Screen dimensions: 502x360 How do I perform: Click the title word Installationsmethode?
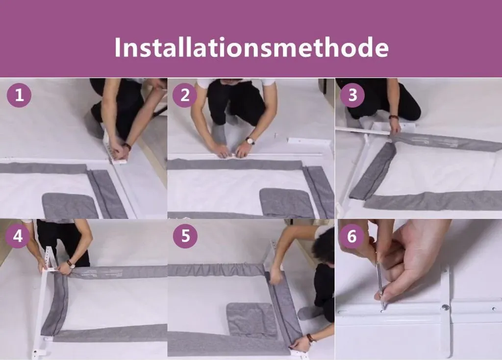251,48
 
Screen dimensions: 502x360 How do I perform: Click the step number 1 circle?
19,95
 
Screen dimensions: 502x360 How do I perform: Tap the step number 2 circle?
185,95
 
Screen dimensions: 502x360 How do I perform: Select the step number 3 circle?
352,95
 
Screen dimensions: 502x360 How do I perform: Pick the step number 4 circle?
18,236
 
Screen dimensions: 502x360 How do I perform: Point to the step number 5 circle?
185,236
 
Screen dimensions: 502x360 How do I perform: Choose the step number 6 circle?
351,236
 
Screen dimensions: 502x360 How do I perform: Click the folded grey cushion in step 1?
70,205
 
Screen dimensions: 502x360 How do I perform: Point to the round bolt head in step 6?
445,308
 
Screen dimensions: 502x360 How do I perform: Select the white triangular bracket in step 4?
50,259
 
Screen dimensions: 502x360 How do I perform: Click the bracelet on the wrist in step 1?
127,146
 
